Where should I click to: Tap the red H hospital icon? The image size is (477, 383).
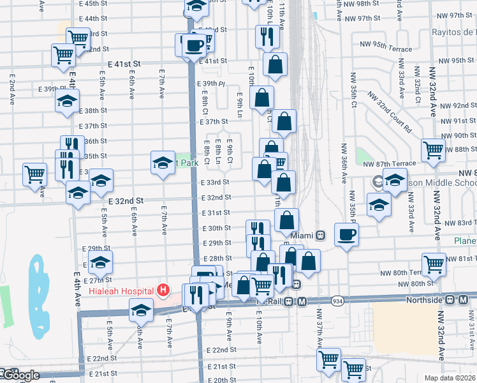(163, 290)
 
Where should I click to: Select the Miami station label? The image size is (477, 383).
(303, 235)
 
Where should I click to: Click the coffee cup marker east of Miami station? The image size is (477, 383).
(347, 235)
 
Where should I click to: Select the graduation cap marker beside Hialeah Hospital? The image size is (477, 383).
(141, 311)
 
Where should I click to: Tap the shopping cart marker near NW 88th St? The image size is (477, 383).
(433, 151)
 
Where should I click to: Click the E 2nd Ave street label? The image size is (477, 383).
(12, 89)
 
